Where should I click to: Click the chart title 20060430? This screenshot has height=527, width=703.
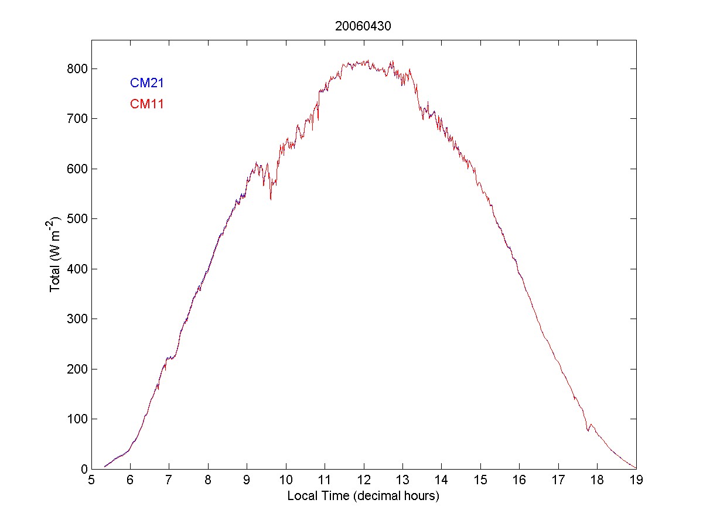tap(363, 26)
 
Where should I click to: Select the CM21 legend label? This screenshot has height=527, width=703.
tap(146, 83)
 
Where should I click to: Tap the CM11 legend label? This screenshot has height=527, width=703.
tap(146, 104)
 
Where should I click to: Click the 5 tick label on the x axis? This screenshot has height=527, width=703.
tap(91, 480)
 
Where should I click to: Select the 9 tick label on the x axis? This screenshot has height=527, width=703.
tap(247, 480)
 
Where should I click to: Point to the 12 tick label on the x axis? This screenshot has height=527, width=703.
tap(364, 480)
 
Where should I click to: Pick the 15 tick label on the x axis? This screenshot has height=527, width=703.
tap(480, 480)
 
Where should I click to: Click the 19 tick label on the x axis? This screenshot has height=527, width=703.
tap(636, 480)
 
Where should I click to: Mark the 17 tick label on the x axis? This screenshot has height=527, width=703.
tap(558, 480)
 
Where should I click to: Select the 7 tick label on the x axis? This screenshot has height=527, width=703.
tap(169, 480)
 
